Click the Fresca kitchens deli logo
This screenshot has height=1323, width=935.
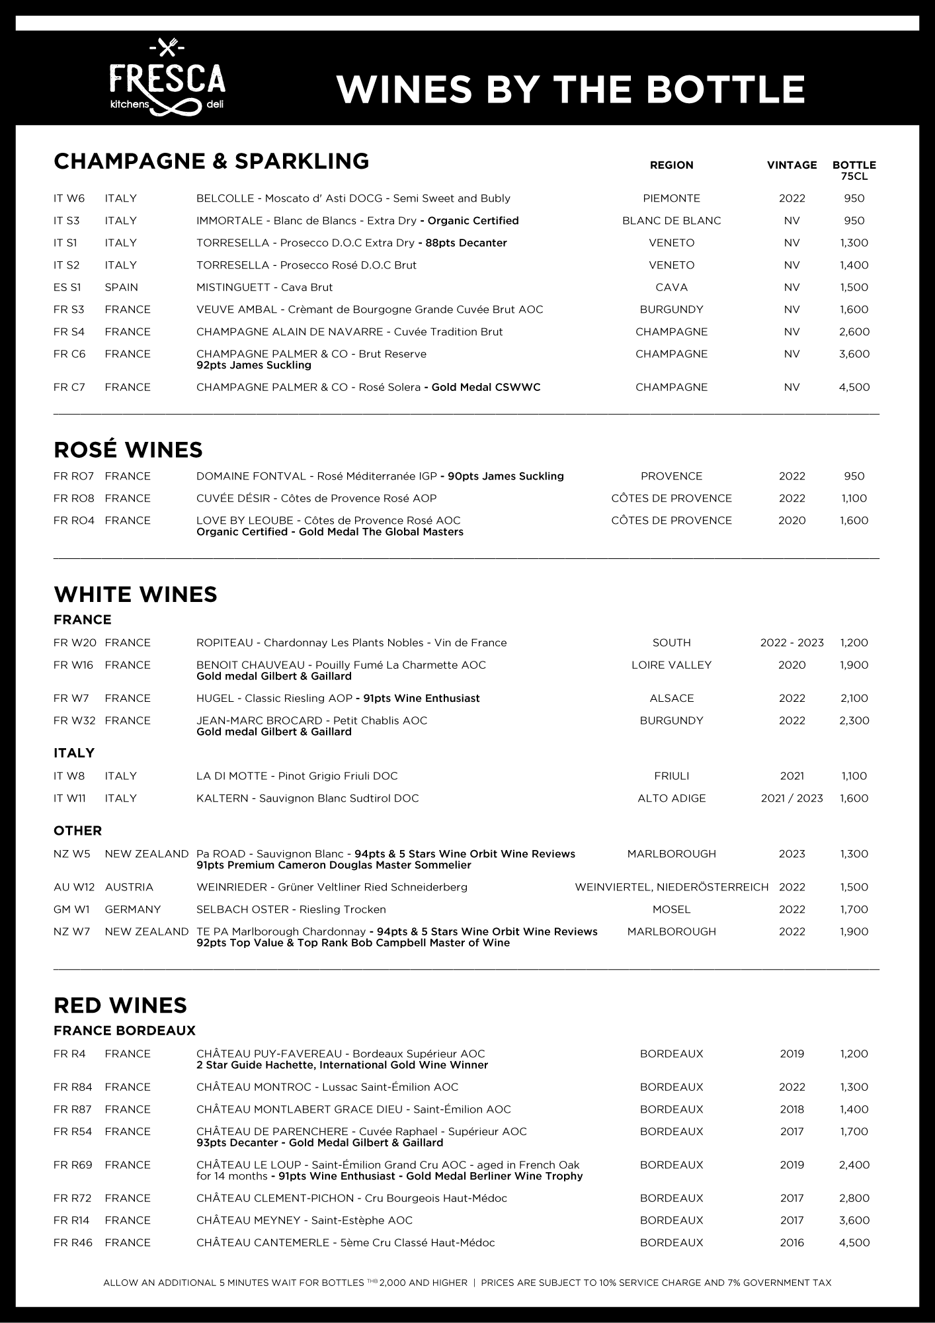point(168,79)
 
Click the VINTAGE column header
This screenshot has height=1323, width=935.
point(792,165)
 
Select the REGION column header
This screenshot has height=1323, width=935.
point(671,165)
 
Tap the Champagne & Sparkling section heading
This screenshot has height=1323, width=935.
point(211,161)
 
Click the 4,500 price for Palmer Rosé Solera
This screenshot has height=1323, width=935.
point(854,387)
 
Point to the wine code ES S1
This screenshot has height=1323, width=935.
point(67,287)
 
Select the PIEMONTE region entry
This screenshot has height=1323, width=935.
point(671,198)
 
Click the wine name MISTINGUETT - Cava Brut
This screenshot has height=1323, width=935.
point(264,287)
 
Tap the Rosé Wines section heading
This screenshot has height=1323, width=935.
point(128,449)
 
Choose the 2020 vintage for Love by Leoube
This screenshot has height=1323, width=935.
point(792,521)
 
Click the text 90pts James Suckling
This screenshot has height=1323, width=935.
point(505,476)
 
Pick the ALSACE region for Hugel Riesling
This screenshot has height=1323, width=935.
point(671,698)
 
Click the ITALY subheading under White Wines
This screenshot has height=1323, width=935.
point(74,753)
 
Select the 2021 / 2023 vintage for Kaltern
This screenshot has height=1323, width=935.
point(792,798)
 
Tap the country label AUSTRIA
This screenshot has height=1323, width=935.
point(128,887)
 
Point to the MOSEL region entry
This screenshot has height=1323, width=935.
point(671,909)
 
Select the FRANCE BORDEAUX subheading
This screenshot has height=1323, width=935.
point(124,1031)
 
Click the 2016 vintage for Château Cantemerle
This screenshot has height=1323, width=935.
point(792,1242)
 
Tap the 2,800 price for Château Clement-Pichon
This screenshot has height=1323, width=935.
point(854,1198)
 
